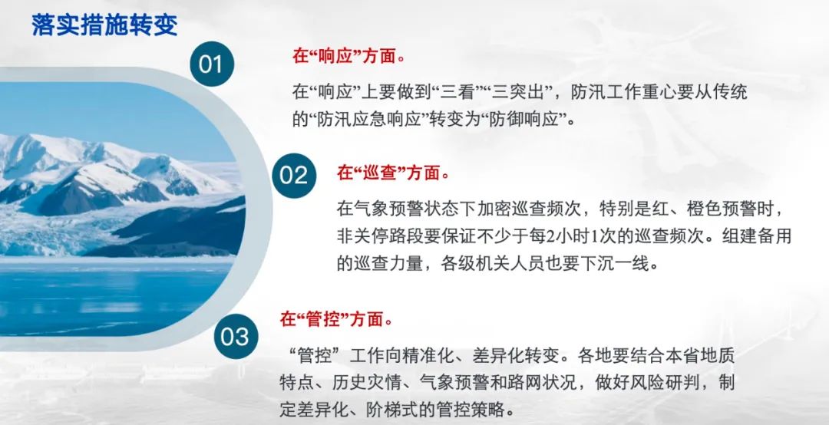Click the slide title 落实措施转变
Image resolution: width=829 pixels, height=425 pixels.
(104, 25)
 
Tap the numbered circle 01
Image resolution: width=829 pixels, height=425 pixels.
(212, 64)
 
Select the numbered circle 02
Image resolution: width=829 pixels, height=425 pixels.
(294, 176)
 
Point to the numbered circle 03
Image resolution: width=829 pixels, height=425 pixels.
(236, 336)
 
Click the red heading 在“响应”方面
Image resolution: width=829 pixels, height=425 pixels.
(348, 56)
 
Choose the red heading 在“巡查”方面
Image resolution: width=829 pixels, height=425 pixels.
(393, 173)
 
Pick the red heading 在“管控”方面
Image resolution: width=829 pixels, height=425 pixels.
(335, 319)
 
